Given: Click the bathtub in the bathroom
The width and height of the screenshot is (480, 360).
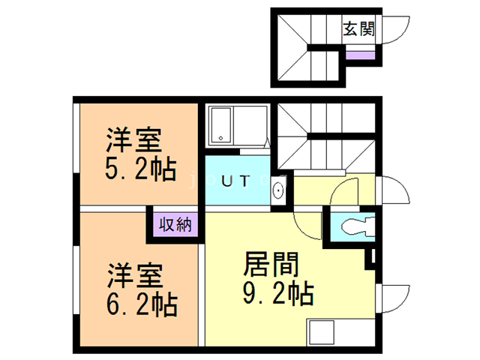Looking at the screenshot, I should [x=220, y=124].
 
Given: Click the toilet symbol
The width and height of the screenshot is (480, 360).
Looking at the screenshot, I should [x=352, y=226].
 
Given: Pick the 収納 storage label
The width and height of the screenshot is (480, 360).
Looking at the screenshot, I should [x=174, y=224].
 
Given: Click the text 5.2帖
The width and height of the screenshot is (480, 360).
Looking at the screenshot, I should [x=140, y=169].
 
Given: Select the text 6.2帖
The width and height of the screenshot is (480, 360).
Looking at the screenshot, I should [x=140, y=304].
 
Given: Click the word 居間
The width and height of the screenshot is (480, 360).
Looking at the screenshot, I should [x=271, y=263].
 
